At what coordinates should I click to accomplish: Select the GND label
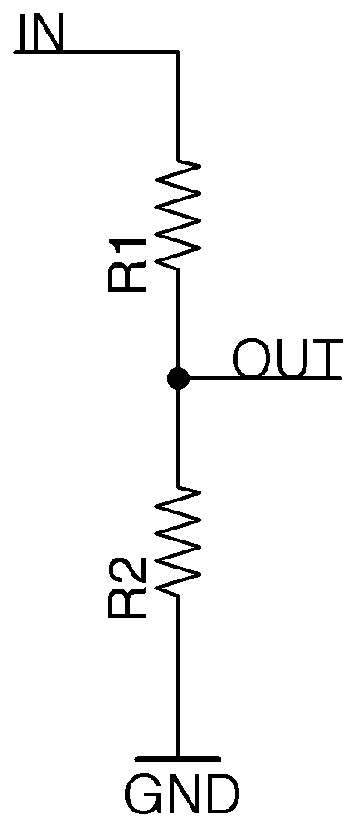(181, 795)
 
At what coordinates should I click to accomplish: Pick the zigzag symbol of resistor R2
(178, 540)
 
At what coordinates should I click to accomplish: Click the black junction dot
(178, 378)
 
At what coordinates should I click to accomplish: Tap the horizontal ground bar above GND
(178, 758)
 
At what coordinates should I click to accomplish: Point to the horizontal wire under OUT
(263, 377)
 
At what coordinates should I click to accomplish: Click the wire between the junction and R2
(178, 435)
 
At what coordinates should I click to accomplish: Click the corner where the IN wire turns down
(178, 53)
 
